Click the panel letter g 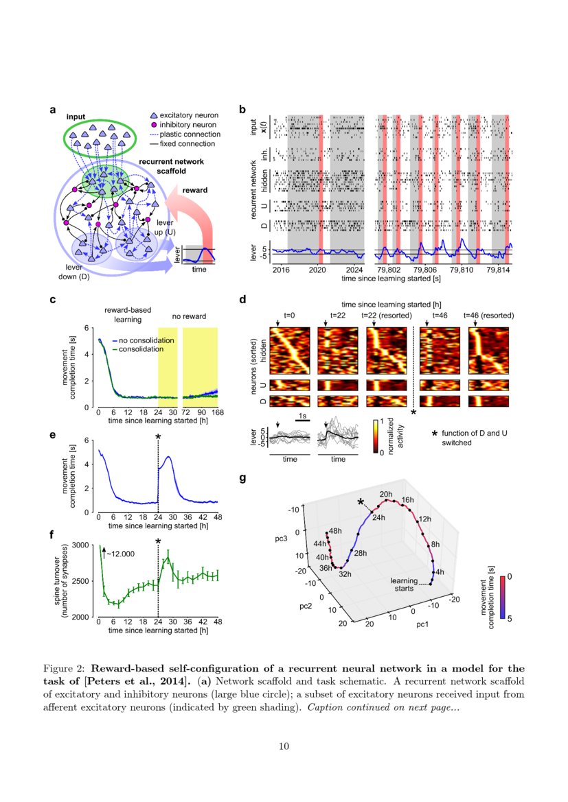242,479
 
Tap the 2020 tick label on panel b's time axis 317,271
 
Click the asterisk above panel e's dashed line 158,436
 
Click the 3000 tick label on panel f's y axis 80,545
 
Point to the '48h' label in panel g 334,531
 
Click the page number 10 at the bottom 284,747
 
